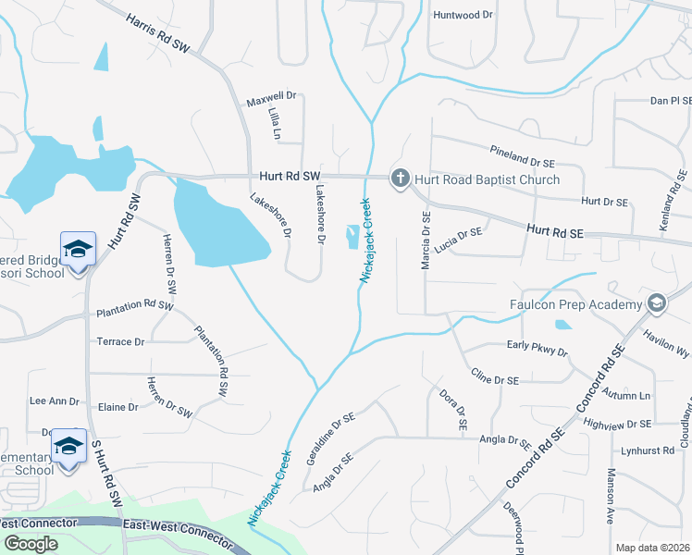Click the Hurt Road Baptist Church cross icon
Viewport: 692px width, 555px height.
401,179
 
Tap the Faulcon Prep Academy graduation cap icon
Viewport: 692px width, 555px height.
656,303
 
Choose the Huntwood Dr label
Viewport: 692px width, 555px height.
463,15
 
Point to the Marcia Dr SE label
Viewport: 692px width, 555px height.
426,241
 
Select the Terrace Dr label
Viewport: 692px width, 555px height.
121,341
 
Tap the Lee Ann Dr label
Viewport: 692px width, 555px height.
55,401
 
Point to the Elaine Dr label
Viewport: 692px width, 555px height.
117,407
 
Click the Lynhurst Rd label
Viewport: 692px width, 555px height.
649,450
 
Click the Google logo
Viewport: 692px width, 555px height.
31,544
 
